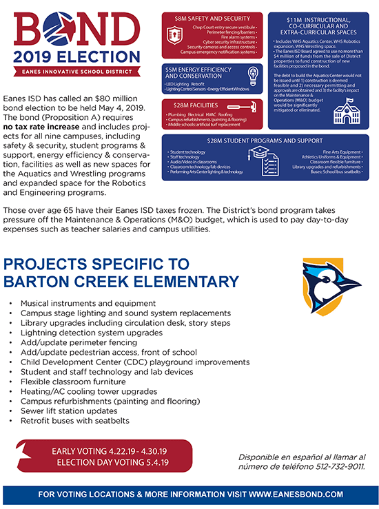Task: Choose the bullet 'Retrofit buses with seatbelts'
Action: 74,420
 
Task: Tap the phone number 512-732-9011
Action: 330,466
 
